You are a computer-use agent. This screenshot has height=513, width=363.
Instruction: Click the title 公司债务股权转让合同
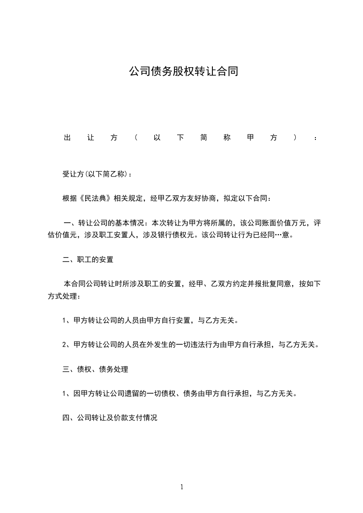click(x=183, y=72)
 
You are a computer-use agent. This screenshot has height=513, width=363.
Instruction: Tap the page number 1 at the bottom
click(x=182, y=487)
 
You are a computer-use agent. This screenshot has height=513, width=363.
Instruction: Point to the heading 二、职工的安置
click(x=88, y=260)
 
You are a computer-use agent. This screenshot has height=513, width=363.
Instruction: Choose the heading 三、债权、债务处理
click(x=95, y=369)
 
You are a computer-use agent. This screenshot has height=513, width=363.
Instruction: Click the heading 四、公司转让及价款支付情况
click(x=110, y=418)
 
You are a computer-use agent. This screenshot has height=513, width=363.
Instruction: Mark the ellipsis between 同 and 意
click(x=279, y=236)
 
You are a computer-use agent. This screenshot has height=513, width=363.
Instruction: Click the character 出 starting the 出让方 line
click(x=66, y=138)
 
